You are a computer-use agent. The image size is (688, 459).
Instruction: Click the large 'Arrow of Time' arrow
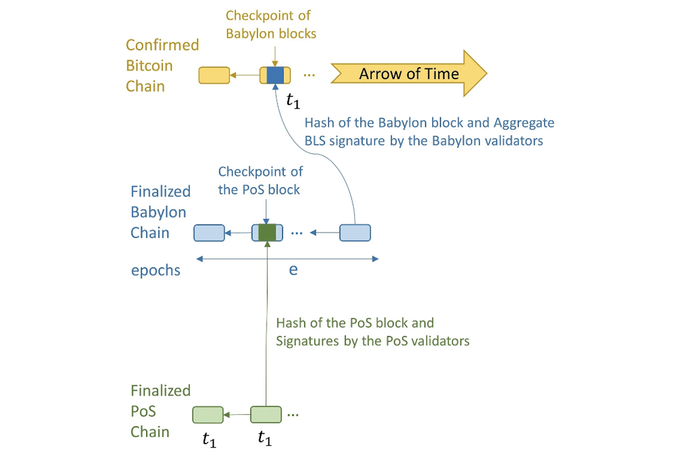408,73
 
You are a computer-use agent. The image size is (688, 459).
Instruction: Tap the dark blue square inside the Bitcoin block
275,75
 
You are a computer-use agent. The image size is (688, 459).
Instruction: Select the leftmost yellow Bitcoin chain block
214,75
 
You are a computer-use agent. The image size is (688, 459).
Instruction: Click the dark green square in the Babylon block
267,233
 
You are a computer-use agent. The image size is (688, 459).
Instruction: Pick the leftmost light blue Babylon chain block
209,233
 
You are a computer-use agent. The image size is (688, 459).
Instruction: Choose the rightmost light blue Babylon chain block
355,233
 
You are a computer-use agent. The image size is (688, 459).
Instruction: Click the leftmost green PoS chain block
208,415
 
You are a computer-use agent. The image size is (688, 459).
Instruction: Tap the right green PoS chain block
266,414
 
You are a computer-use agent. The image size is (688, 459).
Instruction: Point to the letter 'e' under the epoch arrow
293,270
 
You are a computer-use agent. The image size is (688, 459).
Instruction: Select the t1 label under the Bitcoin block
293,100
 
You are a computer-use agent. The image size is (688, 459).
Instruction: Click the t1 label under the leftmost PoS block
209,440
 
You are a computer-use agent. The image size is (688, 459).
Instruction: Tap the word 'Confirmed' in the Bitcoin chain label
163,45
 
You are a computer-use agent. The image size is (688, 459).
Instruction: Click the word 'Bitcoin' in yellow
149,66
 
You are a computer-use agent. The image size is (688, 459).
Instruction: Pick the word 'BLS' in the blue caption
315,141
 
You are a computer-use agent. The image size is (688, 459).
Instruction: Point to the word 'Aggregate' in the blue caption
524,123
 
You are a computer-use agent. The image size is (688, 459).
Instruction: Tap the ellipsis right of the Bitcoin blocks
309,75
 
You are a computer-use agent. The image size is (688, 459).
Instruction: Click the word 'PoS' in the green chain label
144,411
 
